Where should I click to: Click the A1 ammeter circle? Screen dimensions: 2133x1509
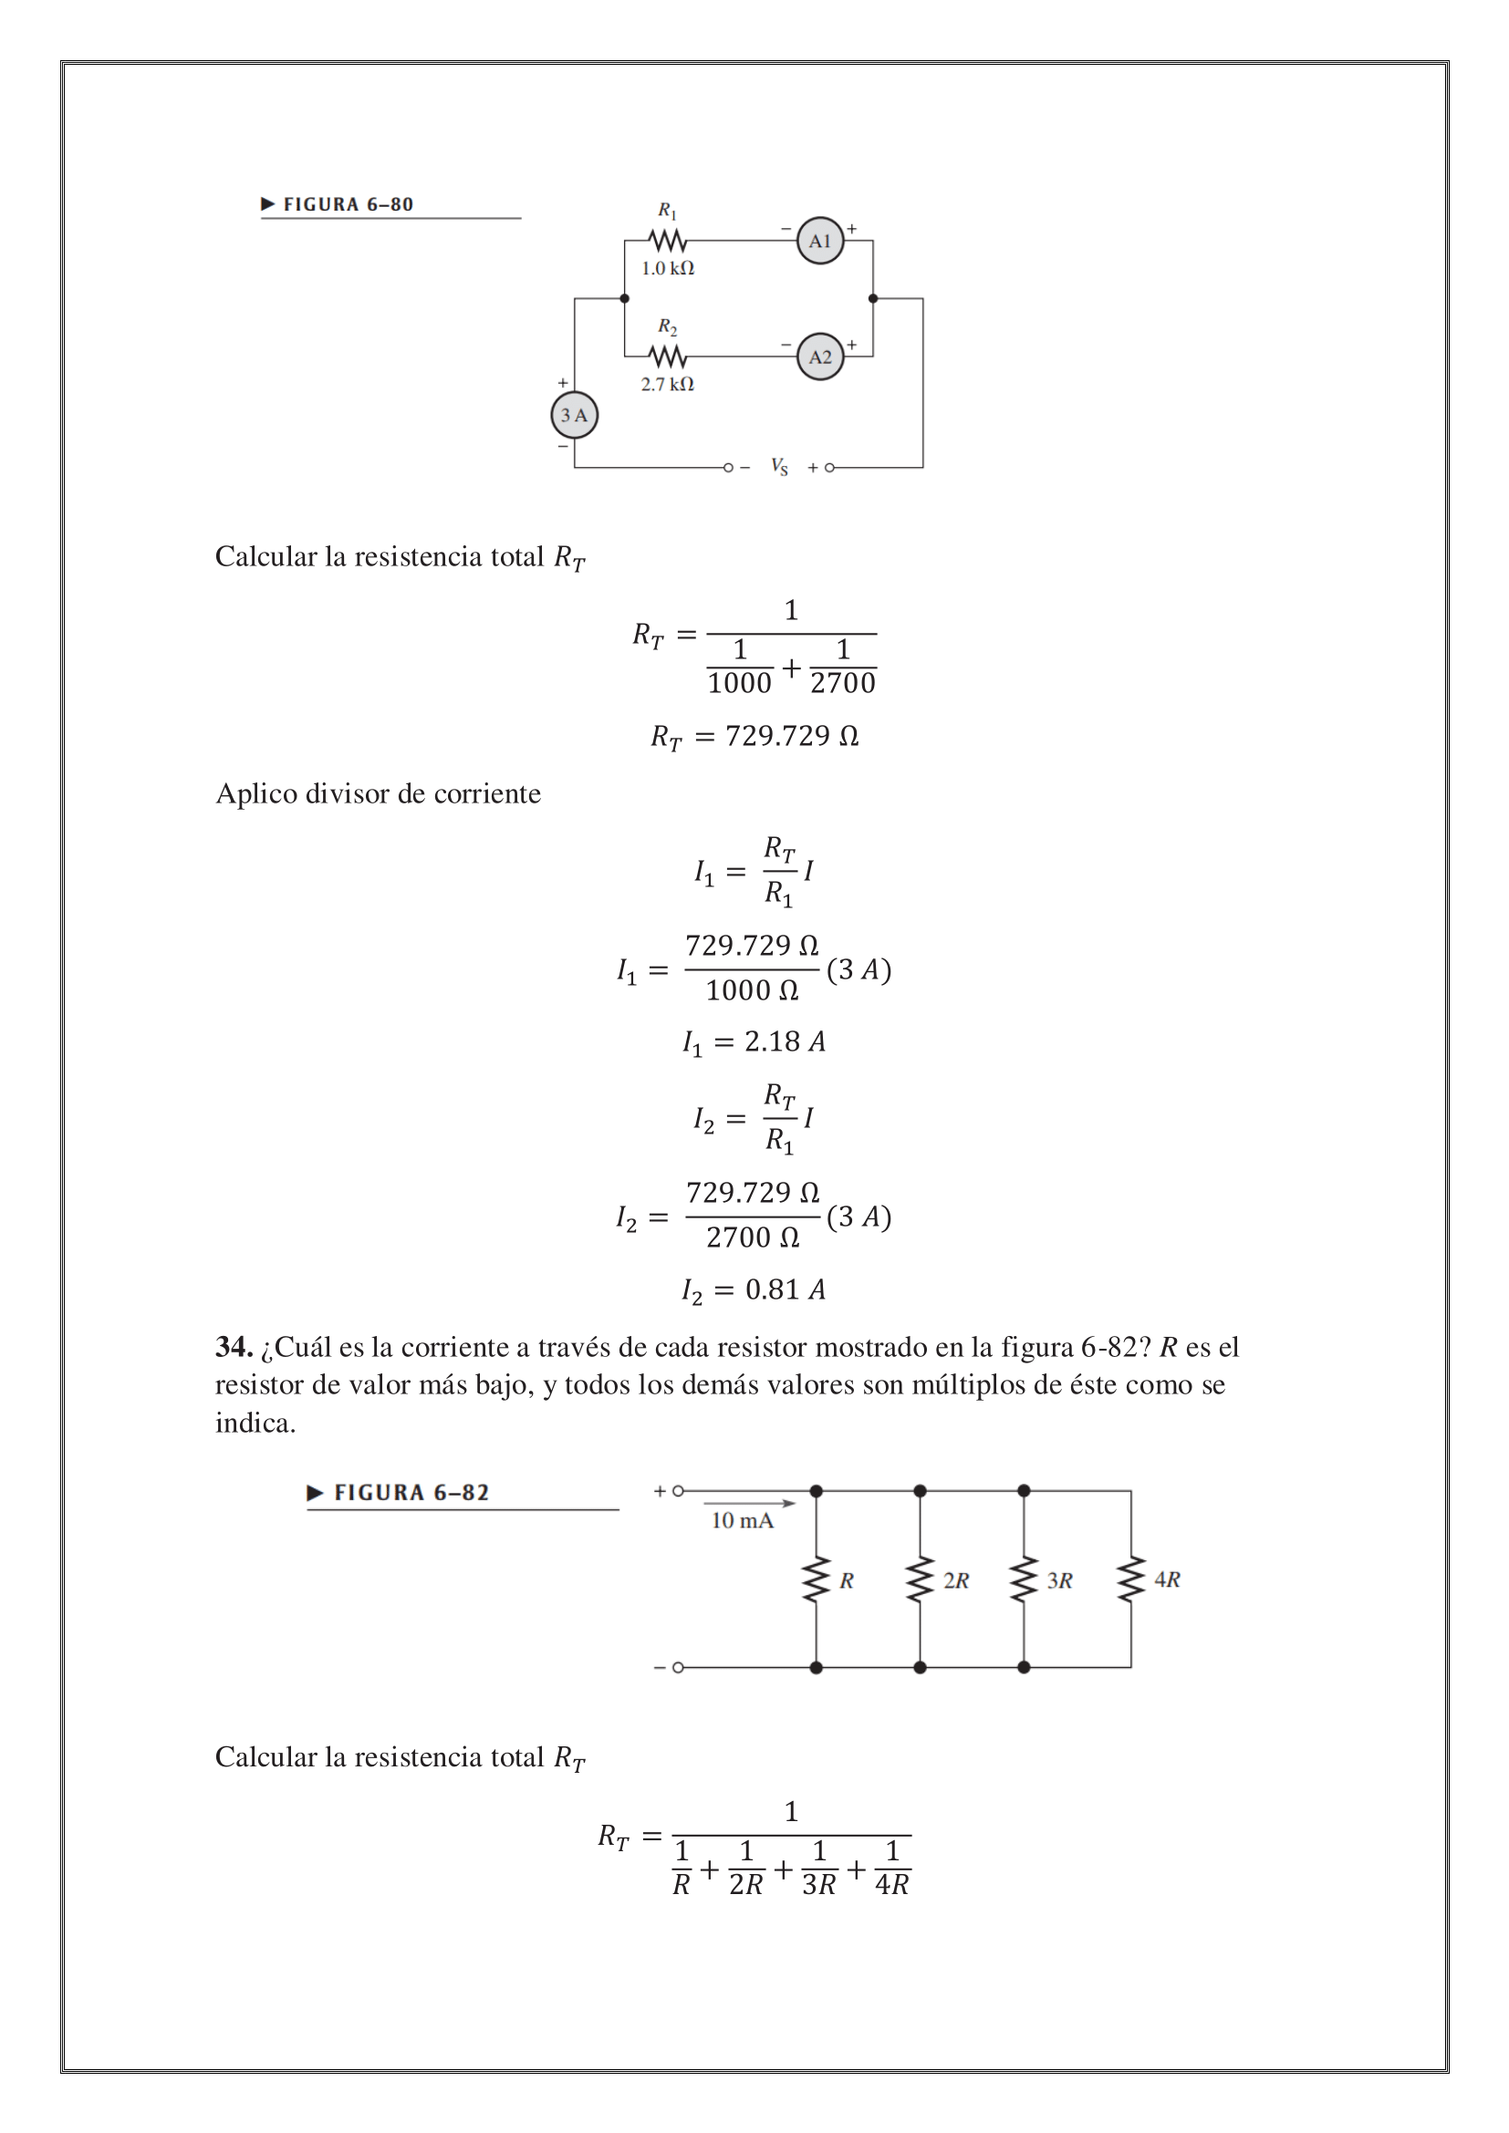pyautogui.click(x=819, y=241)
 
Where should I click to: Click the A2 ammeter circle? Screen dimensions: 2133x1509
pyautogui.click(x=819, y=357)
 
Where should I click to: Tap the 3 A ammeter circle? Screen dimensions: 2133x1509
pyautogui.click(x=574, y=415)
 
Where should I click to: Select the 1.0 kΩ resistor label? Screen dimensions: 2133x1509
pyautogui.click(x=667, y=268)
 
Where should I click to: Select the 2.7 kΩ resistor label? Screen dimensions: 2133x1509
pyautogui.click(x=667, y=384)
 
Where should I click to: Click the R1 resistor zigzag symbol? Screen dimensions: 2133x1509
pyautogui.click(x=667, y=241)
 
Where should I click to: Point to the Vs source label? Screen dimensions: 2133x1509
pyautogui.click(x=778, y=466)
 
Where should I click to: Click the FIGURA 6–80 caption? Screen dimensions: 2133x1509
pyautogui.click(x=348, y=204)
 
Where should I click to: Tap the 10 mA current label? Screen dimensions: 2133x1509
pyautogui.click(x=742, y=1520)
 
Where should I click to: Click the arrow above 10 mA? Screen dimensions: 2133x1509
pyautogui.click(x=749, y=1502)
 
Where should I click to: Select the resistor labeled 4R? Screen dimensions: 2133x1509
pyautogui.click(x=1130, y=1579)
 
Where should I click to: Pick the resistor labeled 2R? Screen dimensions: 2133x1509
pyautogui.click(x=920, y=1579)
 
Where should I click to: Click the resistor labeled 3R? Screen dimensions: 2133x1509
pyautogui.click(x=1024, y=1579)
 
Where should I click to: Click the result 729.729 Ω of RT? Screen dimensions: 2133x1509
pyautogui.click(x=791, y=736)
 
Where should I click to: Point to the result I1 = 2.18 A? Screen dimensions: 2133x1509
pyautogui.click(x=754, y=1041)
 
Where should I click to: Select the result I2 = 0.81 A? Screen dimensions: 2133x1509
pyautogui.click(x=754, y=1289)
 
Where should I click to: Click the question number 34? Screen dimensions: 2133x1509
pyautogui.click(x=234, y=1346)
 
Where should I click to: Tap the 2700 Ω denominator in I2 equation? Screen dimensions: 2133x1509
pyautogui.click(x=753, y=1237)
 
